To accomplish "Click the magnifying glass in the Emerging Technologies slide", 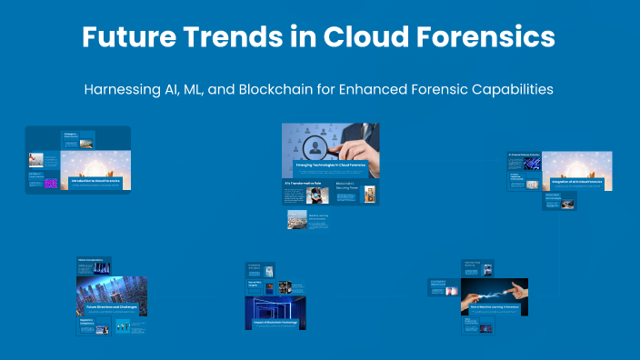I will click(x=318, y=148).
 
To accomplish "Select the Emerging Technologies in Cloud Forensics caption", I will click(x=330, y=165).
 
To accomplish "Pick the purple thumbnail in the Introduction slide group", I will click(x=51, y=184).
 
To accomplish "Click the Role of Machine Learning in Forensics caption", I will click(x=494, y=308).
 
